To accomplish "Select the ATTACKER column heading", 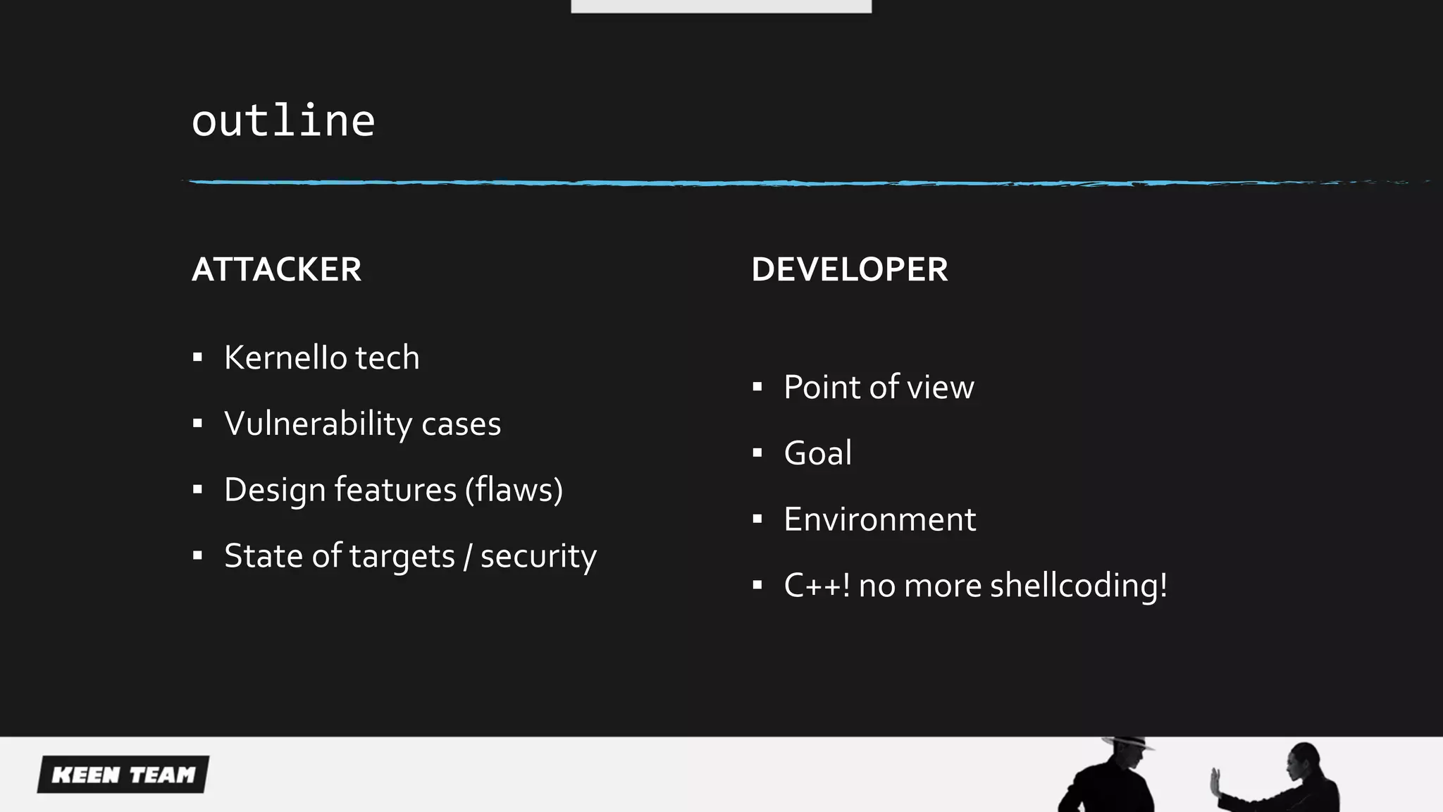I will (x=276, y=269).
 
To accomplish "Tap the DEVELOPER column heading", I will (x=849, y=269).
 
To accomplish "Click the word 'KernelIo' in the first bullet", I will (x=285, y=357).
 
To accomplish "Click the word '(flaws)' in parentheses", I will (x=514, y=490).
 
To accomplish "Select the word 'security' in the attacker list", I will (x=538, y=556).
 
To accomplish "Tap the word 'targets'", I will (x=402, y=556).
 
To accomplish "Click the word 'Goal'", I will (x=817, y=453).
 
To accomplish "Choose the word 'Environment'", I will (x=879, y=519).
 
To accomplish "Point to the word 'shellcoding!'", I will (x=1078, y=586).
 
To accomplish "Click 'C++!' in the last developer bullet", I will (x=817, y=586).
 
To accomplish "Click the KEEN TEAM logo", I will (x=123, y=775).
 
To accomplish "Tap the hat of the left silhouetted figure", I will (x=1127, y=742).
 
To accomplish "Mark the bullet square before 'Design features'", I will (x=197, y=490).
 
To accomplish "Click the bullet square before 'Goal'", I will (x=757, y=453).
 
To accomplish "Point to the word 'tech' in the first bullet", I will (x=387, y=357).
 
